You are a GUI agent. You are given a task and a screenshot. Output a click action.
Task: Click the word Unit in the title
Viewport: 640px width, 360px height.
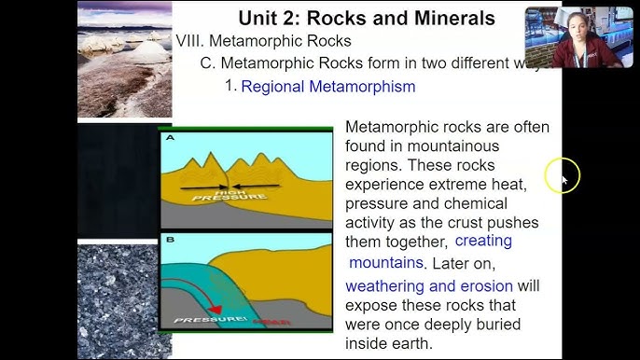click(x=260, y=18)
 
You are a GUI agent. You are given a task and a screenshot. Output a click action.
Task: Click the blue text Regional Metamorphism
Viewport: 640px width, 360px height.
click(x=327, y=87)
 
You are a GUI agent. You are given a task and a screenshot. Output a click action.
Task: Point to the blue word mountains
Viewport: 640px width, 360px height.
click(x=386, y=263)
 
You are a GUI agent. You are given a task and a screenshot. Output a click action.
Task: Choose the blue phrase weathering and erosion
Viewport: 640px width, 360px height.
click(x=428, y=285)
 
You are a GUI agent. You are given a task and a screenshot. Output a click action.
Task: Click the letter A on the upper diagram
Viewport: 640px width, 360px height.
click(x=170, y=138)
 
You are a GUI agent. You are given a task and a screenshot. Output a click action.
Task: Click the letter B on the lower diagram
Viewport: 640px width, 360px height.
click(x=170, y=240)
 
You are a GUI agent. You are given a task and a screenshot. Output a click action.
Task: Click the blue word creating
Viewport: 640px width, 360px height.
click(x=483, y=242)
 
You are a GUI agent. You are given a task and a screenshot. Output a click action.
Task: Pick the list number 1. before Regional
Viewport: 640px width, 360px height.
click(x=230, y=86)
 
